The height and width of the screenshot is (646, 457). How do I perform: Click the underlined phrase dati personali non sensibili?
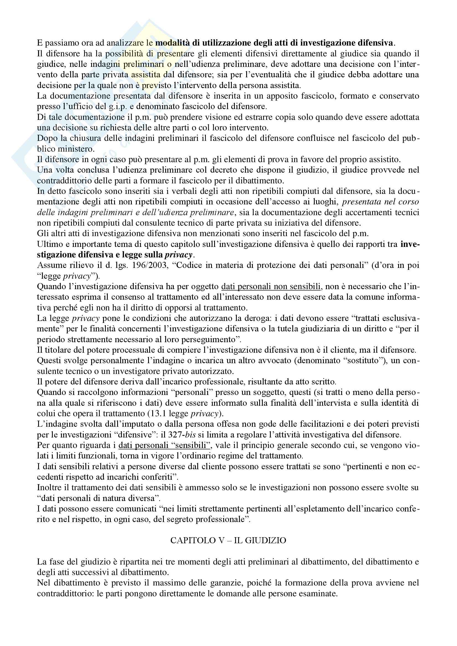(x=271, y=287)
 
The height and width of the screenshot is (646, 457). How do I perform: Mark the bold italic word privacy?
(x=178, y=255)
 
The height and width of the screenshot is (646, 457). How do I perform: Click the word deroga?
(x=253, y=318)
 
